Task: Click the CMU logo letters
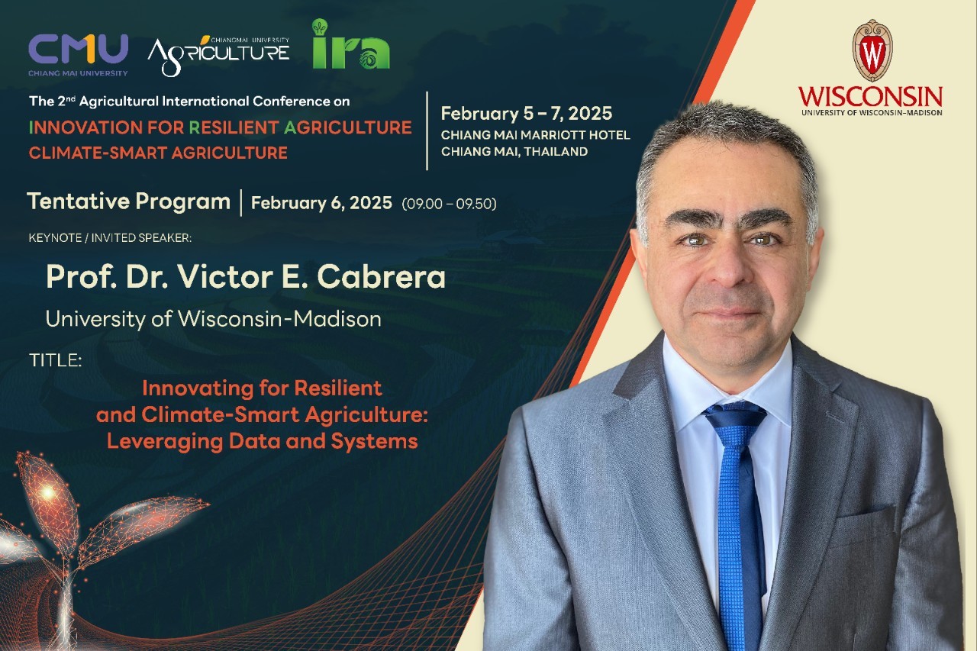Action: click(78, 49)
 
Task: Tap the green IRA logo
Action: click(350, 44)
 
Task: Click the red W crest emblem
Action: click(872, 50)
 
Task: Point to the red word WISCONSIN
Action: click(871, 96)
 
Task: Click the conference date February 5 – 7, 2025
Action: click(527, 114)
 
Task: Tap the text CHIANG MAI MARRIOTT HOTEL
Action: click(535, 135)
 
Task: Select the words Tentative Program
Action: click(129, 202)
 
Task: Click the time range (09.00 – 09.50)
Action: click(449, 204)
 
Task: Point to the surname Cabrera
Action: click(381, 277)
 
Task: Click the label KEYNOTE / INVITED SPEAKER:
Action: click(110, 237)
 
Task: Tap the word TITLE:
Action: click(56, 360)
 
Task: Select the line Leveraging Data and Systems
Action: click(262, 441)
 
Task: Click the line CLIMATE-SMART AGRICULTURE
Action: click(158, 153)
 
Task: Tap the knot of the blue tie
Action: click(735, 417)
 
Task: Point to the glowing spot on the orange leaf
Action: click(47, 493)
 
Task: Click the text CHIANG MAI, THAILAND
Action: click(514, 152)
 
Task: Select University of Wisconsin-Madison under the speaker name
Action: click(213, 319)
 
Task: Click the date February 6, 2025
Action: click(321, 203)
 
